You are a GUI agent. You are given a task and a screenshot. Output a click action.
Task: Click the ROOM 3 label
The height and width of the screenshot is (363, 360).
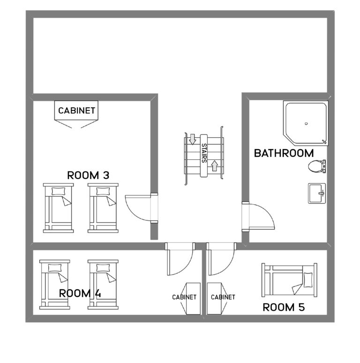pos(89,176)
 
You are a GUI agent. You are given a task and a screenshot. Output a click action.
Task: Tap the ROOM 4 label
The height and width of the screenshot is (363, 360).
pos(80,294)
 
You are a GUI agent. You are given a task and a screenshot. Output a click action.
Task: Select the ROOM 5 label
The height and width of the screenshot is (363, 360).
pos(283,307)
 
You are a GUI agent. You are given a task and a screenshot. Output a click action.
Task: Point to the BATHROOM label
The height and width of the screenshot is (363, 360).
pos(284,153)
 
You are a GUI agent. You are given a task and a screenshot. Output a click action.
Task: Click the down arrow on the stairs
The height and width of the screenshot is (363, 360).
pos(192,139)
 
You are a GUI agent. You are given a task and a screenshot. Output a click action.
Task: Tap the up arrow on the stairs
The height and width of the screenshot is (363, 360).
pos(215,165)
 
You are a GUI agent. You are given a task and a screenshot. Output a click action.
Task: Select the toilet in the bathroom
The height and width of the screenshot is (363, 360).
pos(316,166)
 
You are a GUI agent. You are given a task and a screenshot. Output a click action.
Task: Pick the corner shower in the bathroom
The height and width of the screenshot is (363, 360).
pos(305,123)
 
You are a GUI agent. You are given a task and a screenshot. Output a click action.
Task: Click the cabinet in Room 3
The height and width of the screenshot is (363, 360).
pos(77,111)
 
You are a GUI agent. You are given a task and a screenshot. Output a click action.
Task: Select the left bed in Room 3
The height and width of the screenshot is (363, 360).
pos(59,207)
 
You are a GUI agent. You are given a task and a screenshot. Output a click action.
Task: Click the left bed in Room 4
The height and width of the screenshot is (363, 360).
pos(55,284)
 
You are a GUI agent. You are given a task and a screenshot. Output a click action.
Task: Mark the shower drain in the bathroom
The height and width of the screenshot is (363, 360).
pos(305,124)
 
